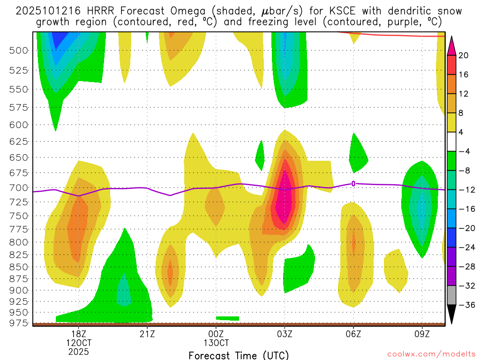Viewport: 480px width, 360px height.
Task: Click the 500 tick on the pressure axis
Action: tap(19, 50)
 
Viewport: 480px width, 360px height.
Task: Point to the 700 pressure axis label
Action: tap(19, 188)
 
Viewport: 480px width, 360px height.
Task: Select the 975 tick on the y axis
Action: tap(19, 323)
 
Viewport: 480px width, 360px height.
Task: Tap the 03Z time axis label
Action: tap(285, 334)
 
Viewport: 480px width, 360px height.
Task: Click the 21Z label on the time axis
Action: tap(147, 334)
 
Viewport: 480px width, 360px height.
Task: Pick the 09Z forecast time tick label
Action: tap(422, 334)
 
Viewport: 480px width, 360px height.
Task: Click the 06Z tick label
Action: tap(353, 334)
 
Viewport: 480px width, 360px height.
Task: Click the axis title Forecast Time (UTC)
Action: tap(239, 355)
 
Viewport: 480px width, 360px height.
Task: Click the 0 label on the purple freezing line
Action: tap(353, 183)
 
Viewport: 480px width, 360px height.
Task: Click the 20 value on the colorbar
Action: tap(464, 55)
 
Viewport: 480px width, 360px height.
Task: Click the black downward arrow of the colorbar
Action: tap(451, 314)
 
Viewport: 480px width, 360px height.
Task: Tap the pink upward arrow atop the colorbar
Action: tap(451, 45)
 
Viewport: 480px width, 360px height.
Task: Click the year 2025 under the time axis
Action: tap(78, 351)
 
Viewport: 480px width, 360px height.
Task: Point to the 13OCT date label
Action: tap(216, 343)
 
